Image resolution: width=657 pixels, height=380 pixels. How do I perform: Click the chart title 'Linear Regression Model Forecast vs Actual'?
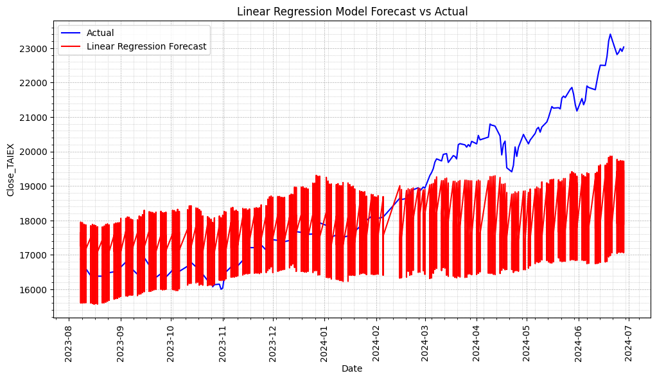click(x=352, y=12)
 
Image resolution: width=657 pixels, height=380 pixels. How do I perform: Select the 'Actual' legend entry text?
click(x=100, y=33)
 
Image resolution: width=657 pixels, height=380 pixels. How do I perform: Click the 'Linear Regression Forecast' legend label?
click(x=146, y=46)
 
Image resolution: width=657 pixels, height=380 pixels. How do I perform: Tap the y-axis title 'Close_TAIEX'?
click(x=11, y=170)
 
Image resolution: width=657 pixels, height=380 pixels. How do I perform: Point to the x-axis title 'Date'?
click(x=352, y=368)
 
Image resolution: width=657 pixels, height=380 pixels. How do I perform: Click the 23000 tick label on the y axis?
click(x=34, y=49)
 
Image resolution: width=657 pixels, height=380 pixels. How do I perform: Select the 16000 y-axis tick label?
click(x=34, y=290)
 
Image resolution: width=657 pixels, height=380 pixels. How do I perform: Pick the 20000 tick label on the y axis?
click(x=34, y=152)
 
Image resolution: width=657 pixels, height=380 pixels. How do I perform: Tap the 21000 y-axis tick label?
click(x=34, y=118)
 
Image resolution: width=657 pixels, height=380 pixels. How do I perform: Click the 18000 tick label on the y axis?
click(x=34, y=221)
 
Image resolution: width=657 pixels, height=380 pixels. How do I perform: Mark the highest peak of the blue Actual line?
click(x=610, y=34)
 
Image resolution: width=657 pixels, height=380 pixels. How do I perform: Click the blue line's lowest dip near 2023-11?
click(x=221, y=289)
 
